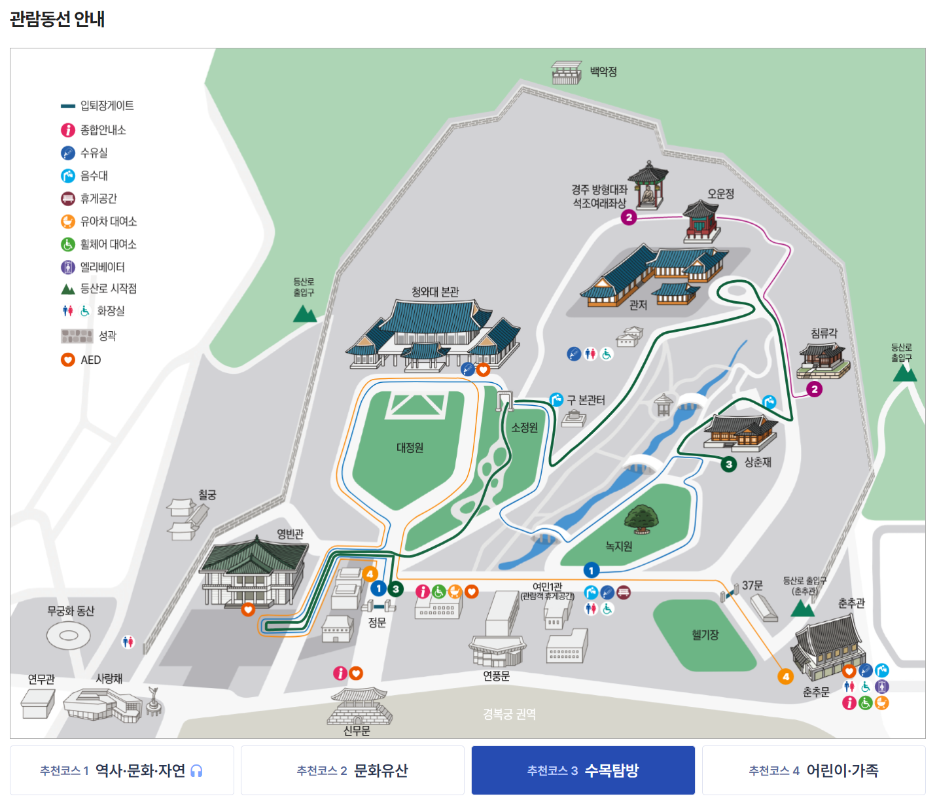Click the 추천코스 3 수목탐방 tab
(582, 770)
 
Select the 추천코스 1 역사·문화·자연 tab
(122, 770)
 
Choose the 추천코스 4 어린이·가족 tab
(813, 770)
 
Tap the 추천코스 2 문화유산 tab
(352, 770)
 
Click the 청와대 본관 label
(435, 292)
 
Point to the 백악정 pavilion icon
(566, 73)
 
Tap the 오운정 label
(720, 194)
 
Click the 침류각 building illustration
(823, 360)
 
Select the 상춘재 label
(758, 462)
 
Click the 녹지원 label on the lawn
(618, 546)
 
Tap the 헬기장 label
(705, 635)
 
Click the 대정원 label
(410, 448)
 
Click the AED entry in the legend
(90, 360)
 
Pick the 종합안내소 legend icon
(68, 130)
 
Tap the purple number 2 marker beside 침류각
(814, 389)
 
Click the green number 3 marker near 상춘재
(729, 464)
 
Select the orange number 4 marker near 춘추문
(786, 677)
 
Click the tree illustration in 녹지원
(641, 518)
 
